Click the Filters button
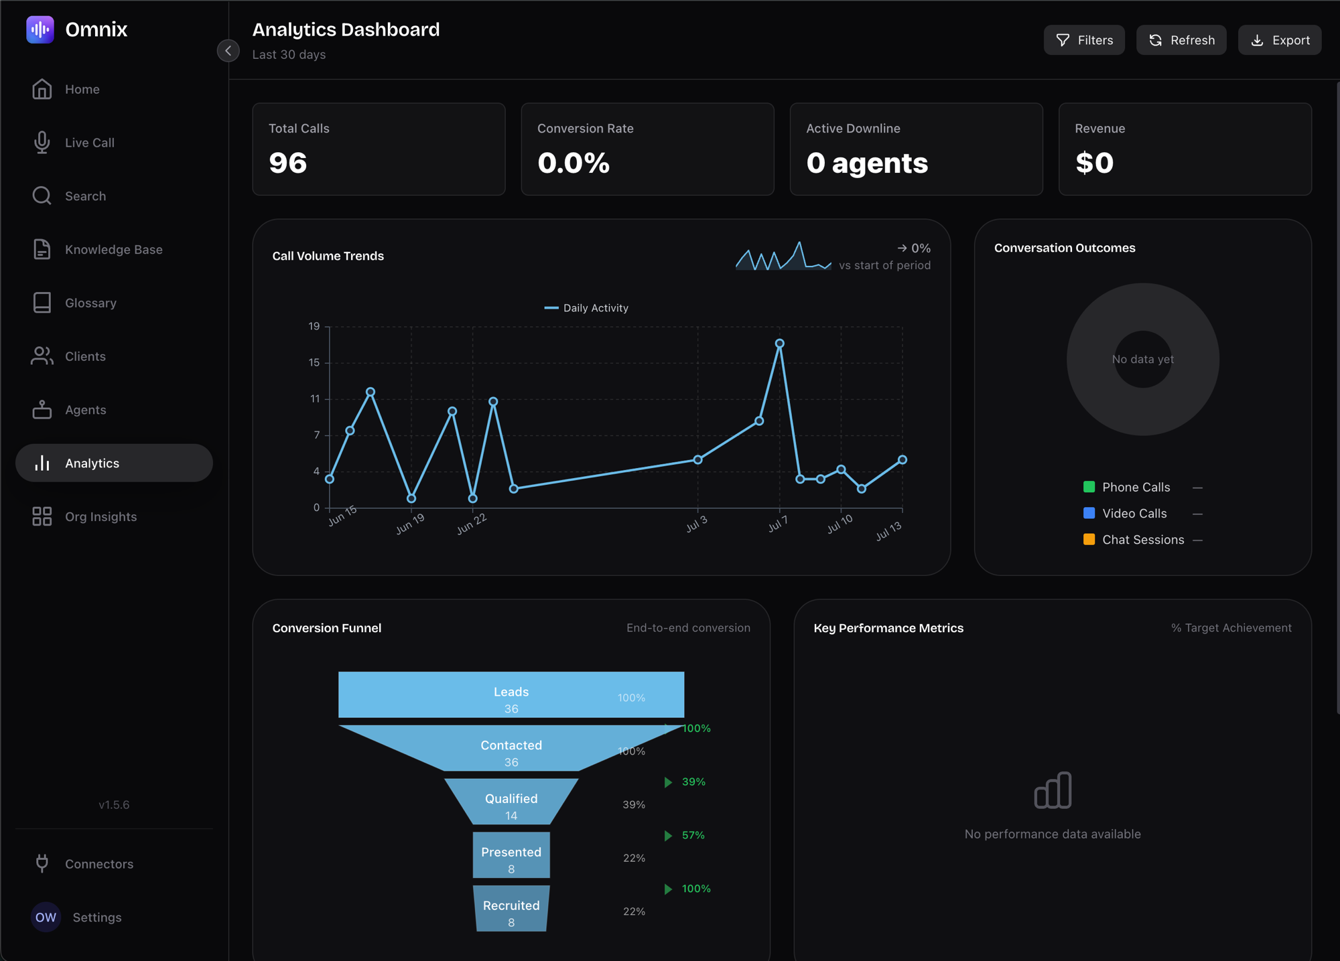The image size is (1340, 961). coord(1084,40)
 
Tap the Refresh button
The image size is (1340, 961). coord(1181,40)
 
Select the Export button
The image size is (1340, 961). coord(1280,40)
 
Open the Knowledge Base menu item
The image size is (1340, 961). coord(114,249)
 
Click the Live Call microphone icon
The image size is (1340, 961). coord(42,142)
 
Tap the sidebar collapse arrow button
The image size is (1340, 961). coord(228,50)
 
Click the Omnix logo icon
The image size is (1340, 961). coord(40,29)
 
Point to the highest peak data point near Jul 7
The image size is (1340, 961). coord(780,344)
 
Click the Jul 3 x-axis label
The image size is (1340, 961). coord(697,524)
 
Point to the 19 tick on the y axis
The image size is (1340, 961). coord(314,326)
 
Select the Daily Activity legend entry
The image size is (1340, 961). coord(586,308)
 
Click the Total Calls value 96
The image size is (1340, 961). coord(288,163)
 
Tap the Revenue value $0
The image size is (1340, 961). coord(1094,163)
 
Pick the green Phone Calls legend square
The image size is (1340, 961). coord(1089,487)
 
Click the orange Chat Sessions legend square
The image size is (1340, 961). coord(1089,539)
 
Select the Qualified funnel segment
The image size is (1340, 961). coord(511,802)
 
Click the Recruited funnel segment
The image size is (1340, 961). coord(511,909)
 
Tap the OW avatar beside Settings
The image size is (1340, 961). coord(46,917)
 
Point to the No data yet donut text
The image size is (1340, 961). coord(1143,359)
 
